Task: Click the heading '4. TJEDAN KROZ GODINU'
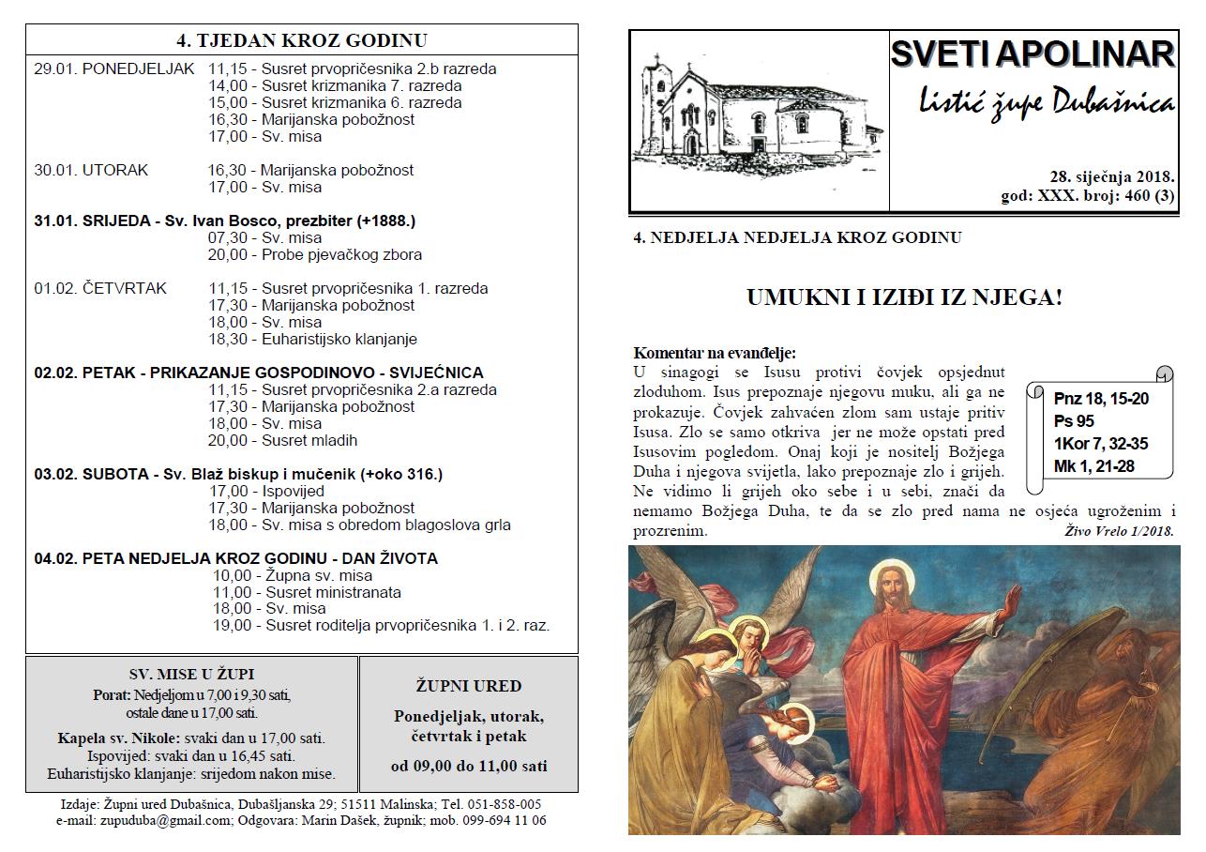pos(301,40)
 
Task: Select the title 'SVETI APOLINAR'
pos(1032,54)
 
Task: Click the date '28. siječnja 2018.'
pos(1112,176)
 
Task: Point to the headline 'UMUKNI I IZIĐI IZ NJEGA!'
pos(904,298)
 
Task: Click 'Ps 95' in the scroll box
pos(1074,420)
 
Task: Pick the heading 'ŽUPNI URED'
pos(468,686)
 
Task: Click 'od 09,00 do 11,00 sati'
pos(468,766)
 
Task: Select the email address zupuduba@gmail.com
pos(143,820)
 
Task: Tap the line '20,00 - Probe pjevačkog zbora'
pos(315,254)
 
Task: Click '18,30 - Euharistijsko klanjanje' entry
pos(312,339)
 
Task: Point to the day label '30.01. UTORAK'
pos(91,170)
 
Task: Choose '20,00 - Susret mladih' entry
pos(282,440)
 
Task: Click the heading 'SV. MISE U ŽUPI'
pos(191,674)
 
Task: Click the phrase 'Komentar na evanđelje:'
pos(715,353)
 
